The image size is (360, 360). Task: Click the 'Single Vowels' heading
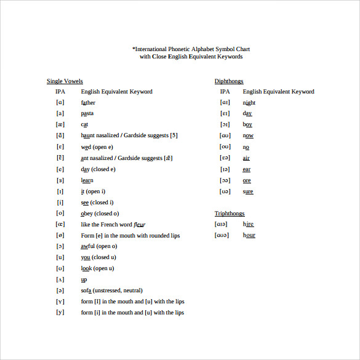click(x=65, y=81)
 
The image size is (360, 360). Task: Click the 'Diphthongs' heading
click(x=229, y=81)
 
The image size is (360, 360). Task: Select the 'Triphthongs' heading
click(x=230, y=214)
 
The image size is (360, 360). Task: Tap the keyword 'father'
click(x=88, y=103)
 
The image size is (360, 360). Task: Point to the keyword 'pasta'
click(x=87, y=114)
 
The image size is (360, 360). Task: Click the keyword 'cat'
click(x=85, y=124)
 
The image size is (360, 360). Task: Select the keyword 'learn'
click(x=87, y=180)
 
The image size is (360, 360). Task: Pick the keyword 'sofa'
click(x=87, y=290)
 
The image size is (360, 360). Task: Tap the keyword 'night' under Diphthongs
click(x=249, y=103)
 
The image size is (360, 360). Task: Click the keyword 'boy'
click(x=247, y=125)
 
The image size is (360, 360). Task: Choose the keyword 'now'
click(x=248, y=135)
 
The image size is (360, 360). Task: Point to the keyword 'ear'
click(x=247, y=169)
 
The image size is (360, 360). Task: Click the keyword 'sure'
click(x=248, y=191)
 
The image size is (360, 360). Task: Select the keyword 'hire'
click(x=248, y=225)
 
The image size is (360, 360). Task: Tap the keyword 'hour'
click(x=249, y=235)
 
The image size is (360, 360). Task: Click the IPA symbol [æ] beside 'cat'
click(x=60, y=124)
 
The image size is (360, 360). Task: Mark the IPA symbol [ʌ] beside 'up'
click(x=60, y=279)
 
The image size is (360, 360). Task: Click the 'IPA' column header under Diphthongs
click(x=225, y=92)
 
